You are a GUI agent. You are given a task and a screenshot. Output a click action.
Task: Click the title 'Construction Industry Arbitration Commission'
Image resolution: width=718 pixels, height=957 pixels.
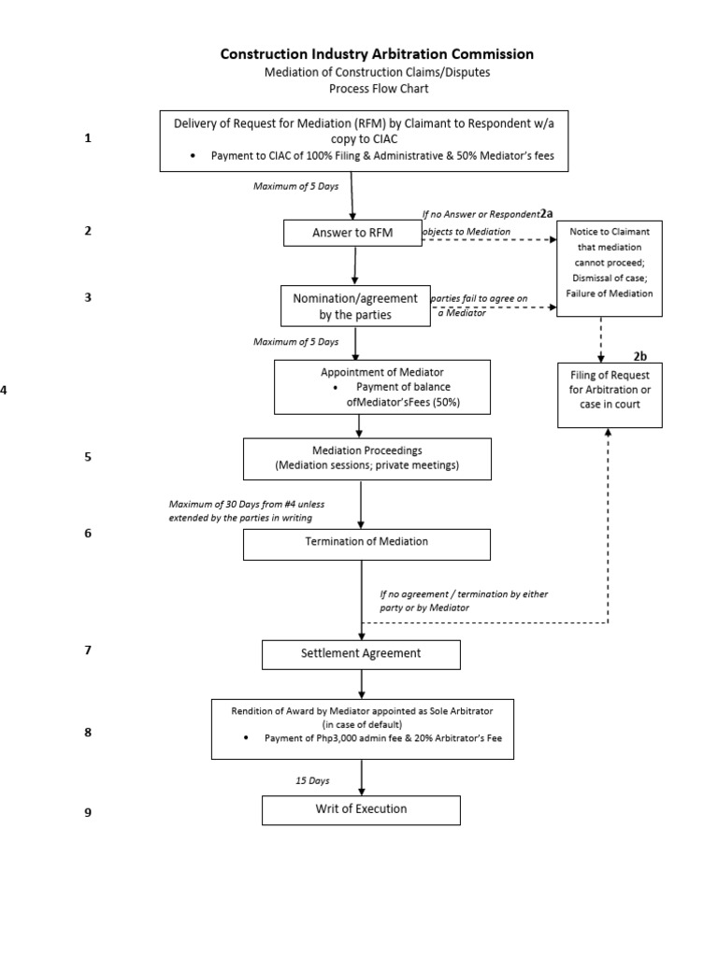click(x=377, y=54)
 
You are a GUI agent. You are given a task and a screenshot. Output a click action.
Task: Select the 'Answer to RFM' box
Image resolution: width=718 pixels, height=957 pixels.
click(x=352, y=233)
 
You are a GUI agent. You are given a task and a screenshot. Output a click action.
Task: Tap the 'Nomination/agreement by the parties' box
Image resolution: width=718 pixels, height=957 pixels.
click(x=354, y=307)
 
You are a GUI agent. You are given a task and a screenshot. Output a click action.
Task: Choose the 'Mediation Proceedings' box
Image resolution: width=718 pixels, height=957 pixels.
click(x=366, y=458)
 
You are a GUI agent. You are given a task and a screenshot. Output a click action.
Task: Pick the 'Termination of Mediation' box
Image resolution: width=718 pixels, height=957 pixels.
click(x=366, y=542)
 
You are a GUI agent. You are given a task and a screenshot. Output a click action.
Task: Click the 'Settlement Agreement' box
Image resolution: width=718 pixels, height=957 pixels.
click(x=361, y=653)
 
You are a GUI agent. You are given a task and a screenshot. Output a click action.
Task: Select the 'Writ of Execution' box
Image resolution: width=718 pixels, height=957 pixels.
click(x=361, y=809)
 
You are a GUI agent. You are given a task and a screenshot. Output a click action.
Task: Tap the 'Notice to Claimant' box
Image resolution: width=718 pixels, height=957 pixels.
click(x=610, y=269)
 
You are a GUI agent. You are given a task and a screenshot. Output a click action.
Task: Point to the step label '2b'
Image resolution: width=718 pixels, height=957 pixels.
click(x=640, y=355)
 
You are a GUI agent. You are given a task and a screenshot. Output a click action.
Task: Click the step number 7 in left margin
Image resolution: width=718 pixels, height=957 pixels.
click(x=88, y=650)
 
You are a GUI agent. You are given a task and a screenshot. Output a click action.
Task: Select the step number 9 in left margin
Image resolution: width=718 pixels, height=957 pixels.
click(x=88, y=812)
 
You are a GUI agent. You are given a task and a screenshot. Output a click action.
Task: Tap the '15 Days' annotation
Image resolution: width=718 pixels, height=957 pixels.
click(x=312, y=778)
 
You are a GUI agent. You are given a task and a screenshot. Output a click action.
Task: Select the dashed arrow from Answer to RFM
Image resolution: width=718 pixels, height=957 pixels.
click(x=486, y=240)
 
